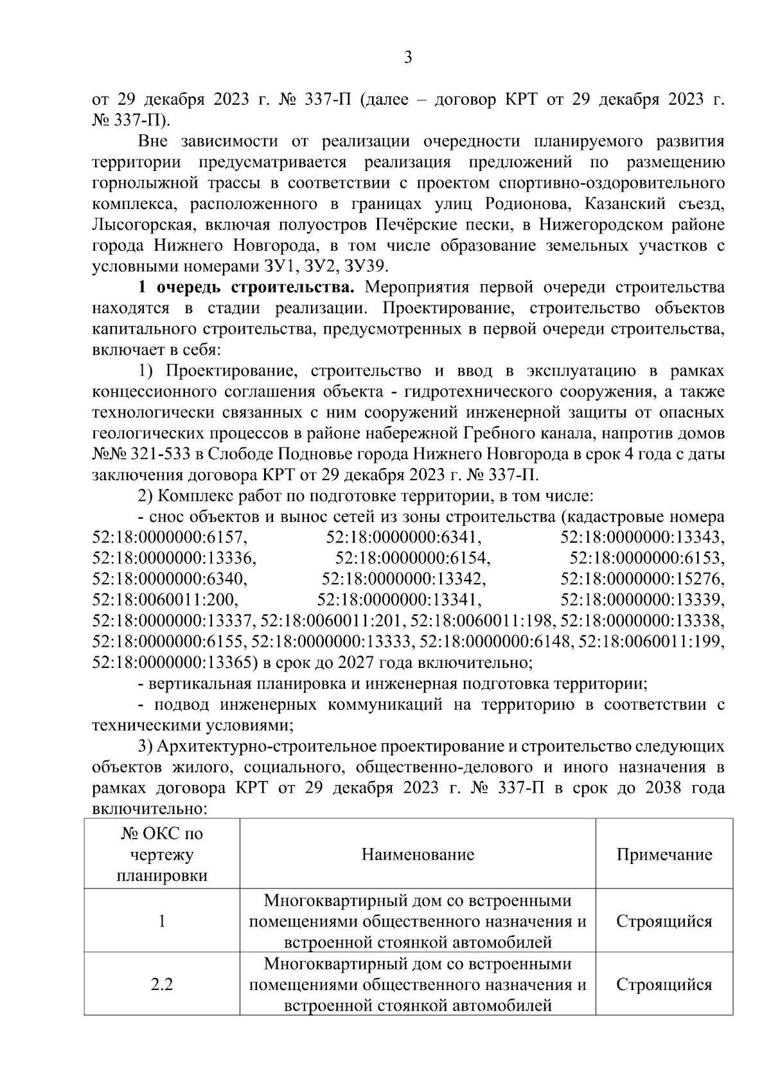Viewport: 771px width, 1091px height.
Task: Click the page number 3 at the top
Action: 407,58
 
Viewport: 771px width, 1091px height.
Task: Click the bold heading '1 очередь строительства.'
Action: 241,287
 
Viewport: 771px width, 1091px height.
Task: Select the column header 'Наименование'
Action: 418,854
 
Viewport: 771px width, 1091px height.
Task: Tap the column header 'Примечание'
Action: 664,854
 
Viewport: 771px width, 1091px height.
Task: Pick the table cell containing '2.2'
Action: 161,984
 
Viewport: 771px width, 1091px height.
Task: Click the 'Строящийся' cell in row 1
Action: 664,921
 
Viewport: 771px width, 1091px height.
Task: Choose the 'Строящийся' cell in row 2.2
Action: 664,984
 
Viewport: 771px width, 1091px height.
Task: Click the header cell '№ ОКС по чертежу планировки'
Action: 161,854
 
